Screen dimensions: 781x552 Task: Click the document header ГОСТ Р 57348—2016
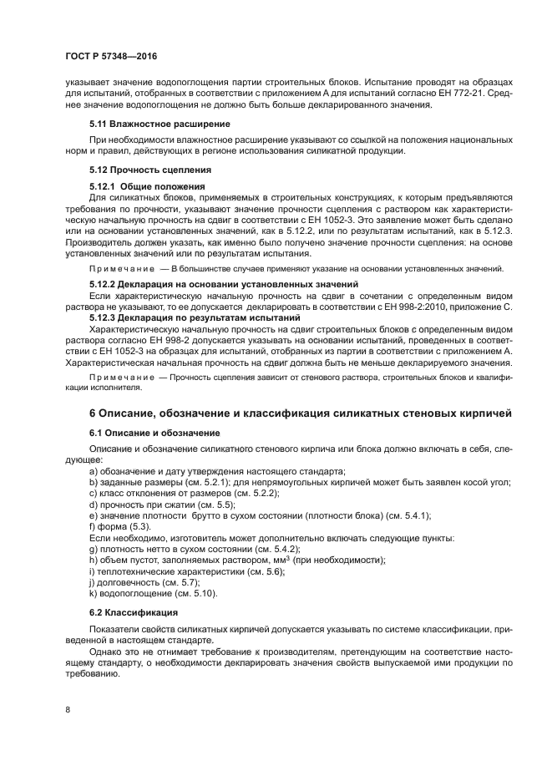coord(111,56)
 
